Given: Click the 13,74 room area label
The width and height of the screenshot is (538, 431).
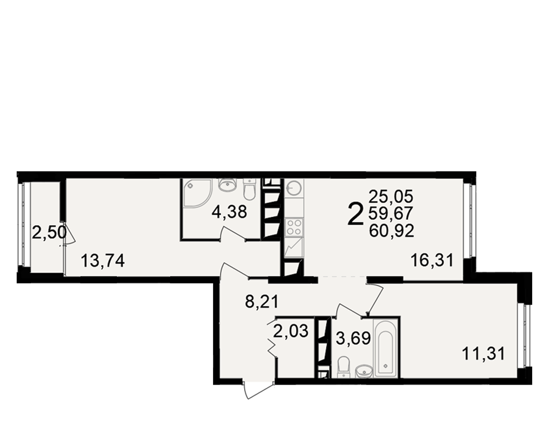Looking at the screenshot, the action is [x=103, y=261].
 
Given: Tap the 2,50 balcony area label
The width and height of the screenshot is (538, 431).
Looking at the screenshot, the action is [x=49, y=233].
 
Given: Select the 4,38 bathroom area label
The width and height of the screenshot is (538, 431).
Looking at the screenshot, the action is [x=229, y=212].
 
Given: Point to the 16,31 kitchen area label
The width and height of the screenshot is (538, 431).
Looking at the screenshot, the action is [x=433, y=260].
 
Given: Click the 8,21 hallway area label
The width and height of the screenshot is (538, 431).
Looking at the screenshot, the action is [x=262, y=302].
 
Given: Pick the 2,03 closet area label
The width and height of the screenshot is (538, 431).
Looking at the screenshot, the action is [x=291, y=331].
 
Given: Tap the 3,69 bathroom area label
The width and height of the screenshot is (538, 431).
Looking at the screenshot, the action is [x=353, y=338].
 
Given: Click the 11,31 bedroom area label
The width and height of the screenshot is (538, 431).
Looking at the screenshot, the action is [x=484, y=353].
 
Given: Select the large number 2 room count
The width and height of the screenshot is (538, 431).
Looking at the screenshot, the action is [x=355, y=214].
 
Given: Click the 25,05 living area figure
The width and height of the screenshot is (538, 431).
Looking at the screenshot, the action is [x=391, y=197].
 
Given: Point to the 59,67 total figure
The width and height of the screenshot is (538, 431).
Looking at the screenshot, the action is [x=391, y=213].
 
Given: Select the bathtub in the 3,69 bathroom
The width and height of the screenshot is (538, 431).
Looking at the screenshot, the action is [x=386, y=348].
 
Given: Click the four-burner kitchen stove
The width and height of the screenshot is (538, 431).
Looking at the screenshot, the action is [x=294, y=227].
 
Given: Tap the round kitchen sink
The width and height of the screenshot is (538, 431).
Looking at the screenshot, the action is [x=294, y=187].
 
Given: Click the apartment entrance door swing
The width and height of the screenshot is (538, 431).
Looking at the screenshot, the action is [x=258, y=390].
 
